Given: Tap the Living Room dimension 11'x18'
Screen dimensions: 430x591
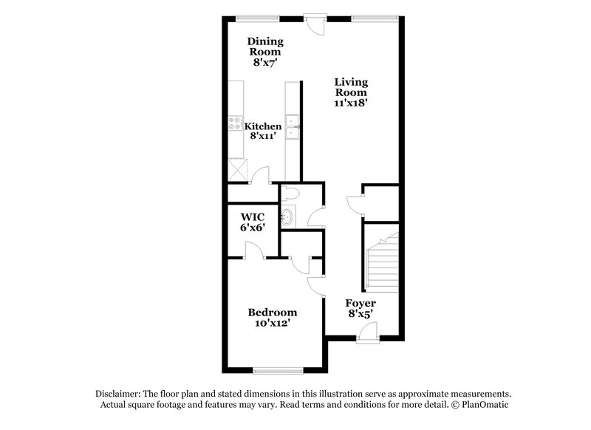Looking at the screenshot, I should (351, 104).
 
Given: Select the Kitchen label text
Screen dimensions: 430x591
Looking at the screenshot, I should (263, 126).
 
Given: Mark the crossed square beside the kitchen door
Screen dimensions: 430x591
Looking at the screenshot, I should (236, 169).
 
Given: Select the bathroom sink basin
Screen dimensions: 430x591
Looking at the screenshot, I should (289, 217).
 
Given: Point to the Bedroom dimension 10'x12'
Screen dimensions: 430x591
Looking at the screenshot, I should (272, 324).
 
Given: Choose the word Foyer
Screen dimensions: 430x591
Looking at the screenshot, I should (361, 304).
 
